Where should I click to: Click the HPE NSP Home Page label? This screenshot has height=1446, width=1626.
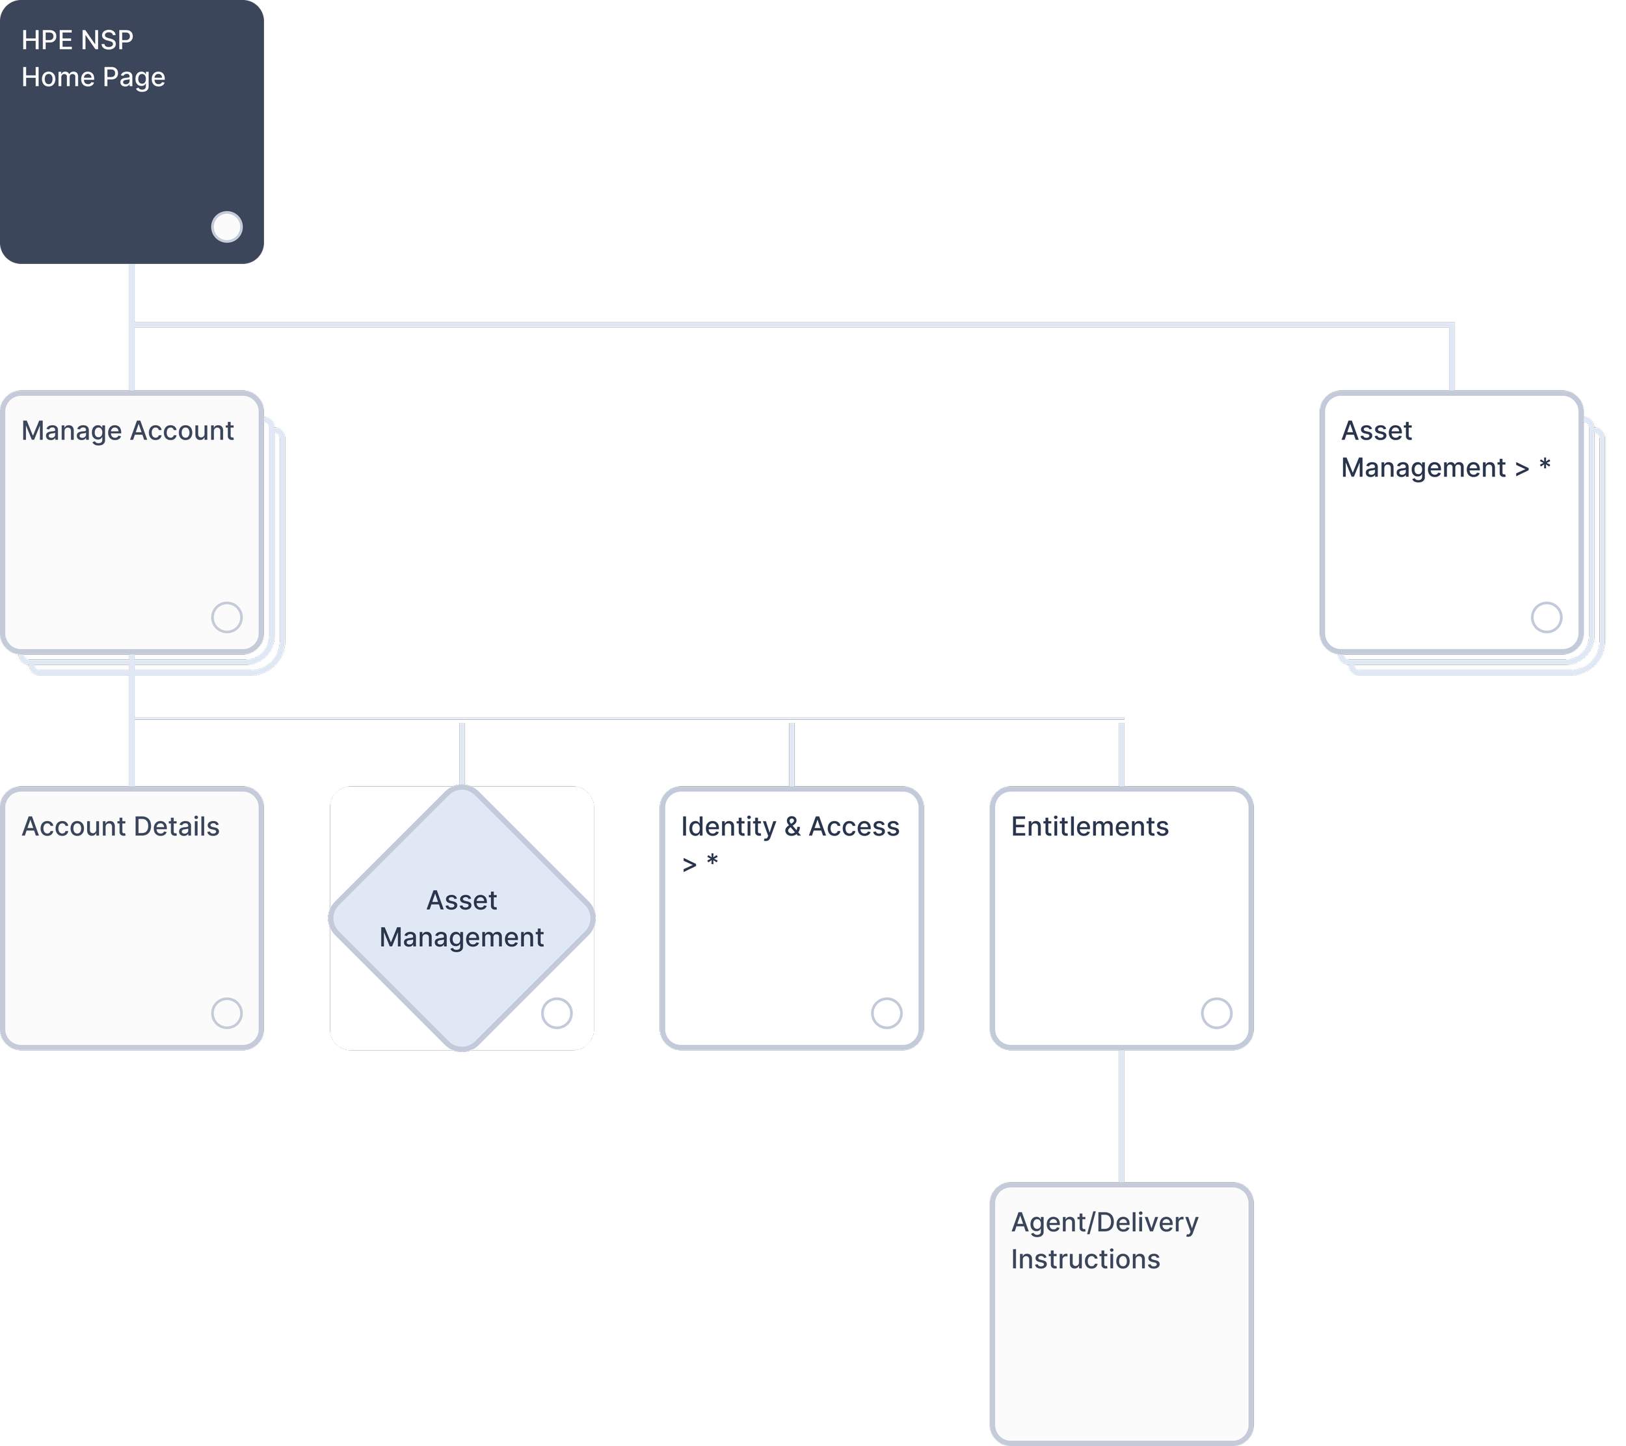tap(93, 58)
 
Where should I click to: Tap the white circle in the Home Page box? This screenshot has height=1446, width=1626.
tap(227, 227)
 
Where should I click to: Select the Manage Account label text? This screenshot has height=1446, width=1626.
tap(127, 430)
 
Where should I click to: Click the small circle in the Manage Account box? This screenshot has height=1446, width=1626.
tap(227, 617)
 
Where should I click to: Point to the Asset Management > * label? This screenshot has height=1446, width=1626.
tap(1445, 449)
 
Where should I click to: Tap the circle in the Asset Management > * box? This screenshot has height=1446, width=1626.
tap(1547, 617)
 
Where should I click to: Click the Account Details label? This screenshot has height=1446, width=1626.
tap(120, 826)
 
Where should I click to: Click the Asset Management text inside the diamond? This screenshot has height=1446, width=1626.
tap(461, 919)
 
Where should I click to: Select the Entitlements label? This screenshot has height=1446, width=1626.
tap(1090, 826)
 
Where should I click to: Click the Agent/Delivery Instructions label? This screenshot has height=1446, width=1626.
tap(1104, 1240)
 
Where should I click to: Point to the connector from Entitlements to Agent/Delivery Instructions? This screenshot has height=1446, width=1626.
tap(1122, 1115)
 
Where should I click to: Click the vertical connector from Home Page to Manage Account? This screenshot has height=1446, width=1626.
tap(132, 358)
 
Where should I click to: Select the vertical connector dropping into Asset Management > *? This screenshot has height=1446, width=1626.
tap(1452, 358)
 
